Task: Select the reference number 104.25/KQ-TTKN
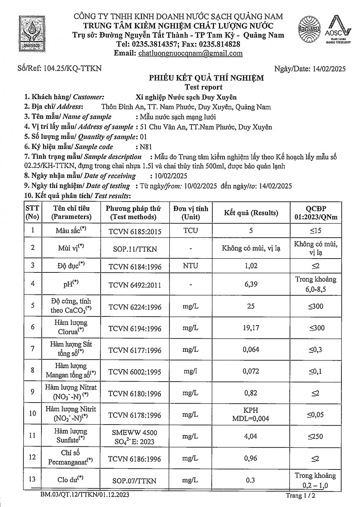point(73,68)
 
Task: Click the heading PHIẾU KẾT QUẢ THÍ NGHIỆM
point(207,78)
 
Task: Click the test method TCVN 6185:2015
point(135,232)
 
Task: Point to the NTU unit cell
point(190,266)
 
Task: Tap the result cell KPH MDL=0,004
point(251,414)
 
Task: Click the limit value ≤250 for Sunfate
point(315,436)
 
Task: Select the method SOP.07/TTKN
point(134,481)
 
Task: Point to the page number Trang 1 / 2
point(301,496)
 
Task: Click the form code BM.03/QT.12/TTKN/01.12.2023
point(85,495)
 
